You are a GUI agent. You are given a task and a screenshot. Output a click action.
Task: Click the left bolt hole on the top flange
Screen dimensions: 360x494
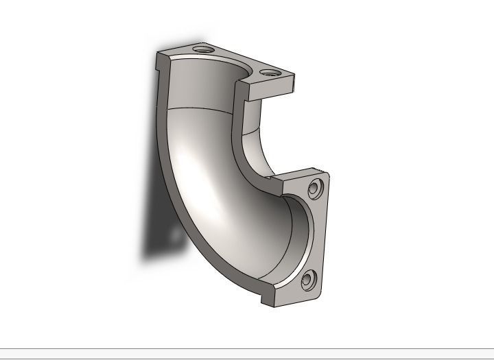(203, 49)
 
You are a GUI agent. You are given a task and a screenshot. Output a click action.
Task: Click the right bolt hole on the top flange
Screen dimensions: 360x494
(268, 71)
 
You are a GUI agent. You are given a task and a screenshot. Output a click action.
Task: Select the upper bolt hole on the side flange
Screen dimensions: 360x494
(316, 187)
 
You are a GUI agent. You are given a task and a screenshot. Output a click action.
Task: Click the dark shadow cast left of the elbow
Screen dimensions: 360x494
(154, 233)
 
